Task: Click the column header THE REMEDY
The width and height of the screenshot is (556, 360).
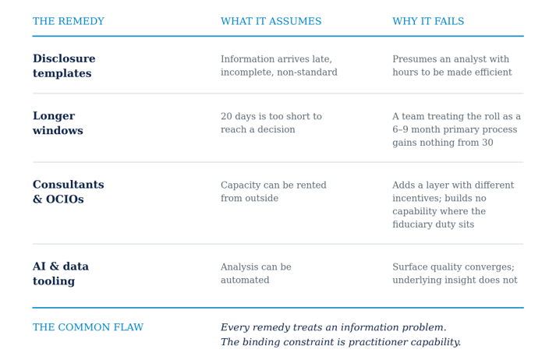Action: click(69, 21)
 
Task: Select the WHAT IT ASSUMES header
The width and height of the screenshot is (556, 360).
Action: click(271, 21)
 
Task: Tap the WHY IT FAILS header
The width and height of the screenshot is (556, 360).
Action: click(428, 21)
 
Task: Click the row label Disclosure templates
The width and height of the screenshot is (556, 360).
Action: click(64, 65)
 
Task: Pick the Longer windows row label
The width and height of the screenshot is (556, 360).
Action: click(58, 123)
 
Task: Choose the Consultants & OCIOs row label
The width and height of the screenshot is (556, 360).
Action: click(69, 192)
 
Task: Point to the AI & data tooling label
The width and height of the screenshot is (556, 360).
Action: click(61, 274)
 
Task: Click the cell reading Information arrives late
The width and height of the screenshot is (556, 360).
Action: click(279, 65)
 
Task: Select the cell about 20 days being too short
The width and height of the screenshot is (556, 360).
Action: click(271, 123)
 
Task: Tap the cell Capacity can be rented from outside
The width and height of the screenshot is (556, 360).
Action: click(274, 192)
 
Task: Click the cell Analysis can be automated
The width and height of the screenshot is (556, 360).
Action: click(256, 274)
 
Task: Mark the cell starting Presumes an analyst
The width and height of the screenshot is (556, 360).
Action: click(452, 65)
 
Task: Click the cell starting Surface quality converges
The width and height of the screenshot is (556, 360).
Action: click(455, 274)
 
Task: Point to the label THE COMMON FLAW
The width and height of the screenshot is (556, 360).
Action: click(88, 327)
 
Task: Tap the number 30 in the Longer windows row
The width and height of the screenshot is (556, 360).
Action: click(487, 143)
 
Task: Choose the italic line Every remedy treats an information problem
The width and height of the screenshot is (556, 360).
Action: click(333, 327)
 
